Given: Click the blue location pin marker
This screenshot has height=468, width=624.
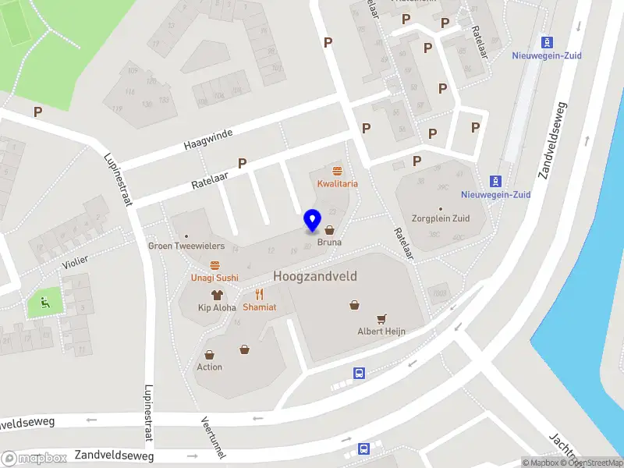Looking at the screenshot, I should tap(313, 221).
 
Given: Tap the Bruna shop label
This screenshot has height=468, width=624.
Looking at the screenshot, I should tap(329, 243).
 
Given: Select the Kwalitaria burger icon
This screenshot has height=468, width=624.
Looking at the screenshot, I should tap(337, 171).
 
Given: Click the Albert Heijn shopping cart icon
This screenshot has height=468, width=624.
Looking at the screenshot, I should tap(381, 318).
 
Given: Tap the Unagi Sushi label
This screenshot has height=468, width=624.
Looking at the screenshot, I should tap(214, 278).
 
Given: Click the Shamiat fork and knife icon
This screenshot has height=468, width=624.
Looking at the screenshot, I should tap(260, 294).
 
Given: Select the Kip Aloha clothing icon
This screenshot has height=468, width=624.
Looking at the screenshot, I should tap(216, 295).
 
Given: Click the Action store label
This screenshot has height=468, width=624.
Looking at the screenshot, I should tap(209, 367).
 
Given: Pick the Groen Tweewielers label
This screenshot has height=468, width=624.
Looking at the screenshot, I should tap(186, 246).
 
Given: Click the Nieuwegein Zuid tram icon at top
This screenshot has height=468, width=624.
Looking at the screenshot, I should tap(548, 42).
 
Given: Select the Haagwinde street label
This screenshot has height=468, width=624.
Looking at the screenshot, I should tap(208, 140).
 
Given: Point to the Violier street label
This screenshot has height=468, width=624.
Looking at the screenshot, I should tap(76, 262).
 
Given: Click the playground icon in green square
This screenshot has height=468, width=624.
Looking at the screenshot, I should tap(45, 303).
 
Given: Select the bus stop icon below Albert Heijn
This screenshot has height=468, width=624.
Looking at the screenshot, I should tap(360, 373).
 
